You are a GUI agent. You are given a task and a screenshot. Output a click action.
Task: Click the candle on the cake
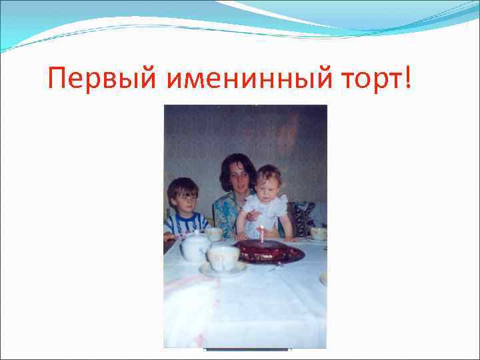[x=262, y=234]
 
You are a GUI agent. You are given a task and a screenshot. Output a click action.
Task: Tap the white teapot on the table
[x=194, y=247]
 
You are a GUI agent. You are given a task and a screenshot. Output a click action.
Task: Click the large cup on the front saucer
[x=223, y=257]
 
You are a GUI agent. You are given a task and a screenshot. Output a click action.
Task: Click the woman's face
[x=238, y=173]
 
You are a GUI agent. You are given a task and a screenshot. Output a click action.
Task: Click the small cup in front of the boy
[x=215, y=234]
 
